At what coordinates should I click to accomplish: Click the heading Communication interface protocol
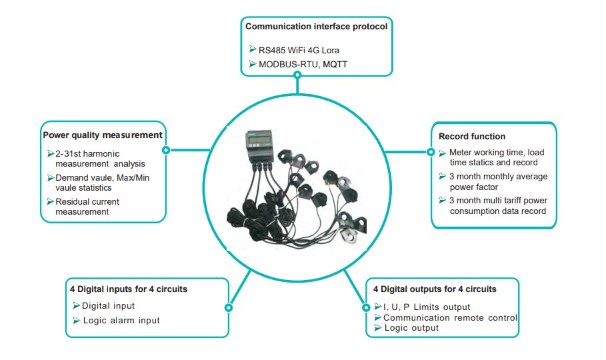click(x=316, y=27)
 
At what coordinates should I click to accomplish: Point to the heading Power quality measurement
click(x=103, y=135)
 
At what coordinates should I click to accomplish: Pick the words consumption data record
click(x=498, y=211)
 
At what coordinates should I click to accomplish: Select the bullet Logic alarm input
click(x=121, y=320)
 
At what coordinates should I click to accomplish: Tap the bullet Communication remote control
click(x=450, y=317)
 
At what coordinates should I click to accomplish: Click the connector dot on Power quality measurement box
click(x=165, y=150)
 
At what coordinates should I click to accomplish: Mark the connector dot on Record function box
click(x=431, y=152)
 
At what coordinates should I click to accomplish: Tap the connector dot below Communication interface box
click(x=297, y=75)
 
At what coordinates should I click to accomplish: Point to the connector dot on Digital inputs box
click(x=229, y=308)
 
